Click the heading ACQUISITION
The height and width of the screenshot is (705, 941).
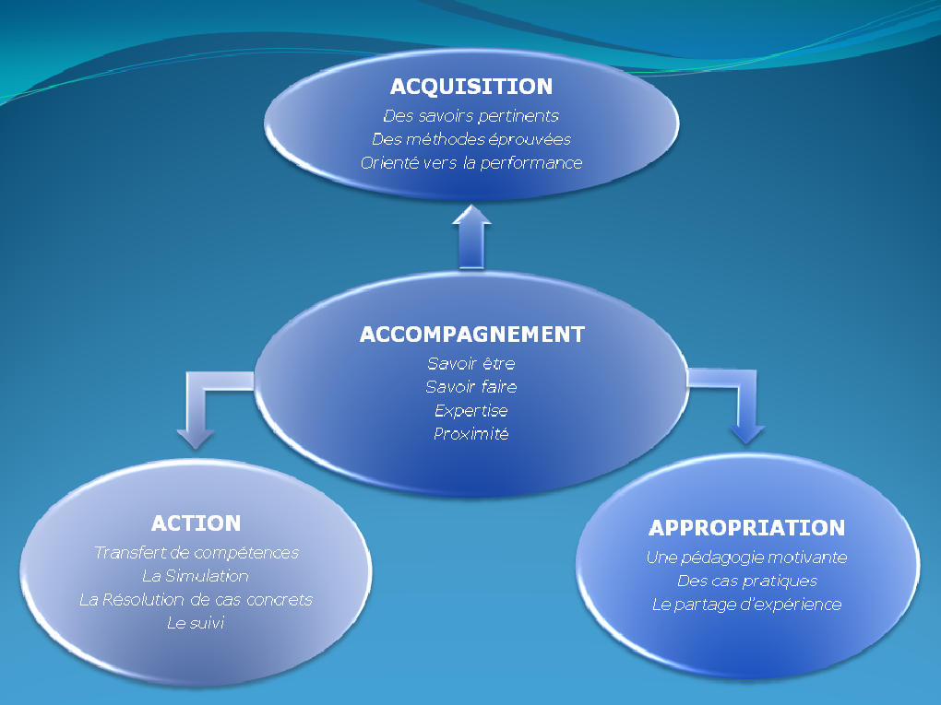tap(471, 87)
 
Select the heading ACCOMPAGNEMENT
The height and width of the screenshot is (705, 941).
tap(472, 335)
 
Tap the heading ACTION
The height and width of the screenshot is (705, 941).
tap(197, 523)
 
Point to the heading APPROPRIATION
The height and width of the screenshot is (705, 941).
tap(747, 528)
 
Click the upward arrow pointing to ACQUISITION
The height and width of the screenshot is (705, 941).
tap(471, 238)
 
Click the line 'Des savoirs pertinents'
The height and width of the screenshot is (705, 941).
tap(471, 116)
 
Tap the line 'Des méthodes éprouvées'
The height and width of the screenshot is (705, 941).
tap(471, 139)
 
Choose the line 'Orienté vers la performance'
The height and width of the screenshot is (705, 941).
tap(471, 163)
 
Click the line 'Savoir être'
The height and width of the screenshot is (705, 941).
tap(471, 363)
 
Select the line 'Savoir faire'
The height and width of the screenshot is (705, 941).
tap(471, 387)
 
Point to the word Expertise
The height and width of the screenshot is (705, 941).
tap(471, 411)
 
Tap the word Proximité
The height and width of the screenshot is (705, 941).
tap(471, 434)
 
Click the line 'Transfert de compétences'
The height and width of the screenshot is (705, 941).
tap(197, 553)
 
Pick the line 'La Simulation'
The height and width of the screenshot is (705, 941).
tap(196, 576)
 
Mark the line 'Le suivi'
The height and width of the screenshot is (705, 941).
tap(196, 623)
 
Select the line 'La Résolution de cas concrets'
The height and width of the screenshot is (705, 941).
tap(197, 600)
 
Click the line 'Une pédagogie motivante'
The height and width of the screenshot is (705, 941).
tap(746, 558)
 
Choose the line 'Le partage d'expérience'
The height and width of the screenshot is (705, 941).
tap(746, 605)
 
